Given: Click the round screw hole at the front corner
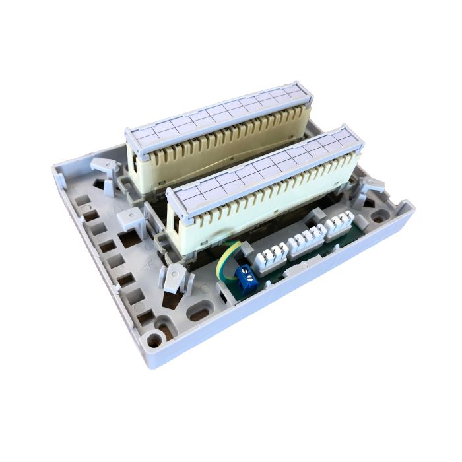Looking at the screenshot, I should (x=154, y=340).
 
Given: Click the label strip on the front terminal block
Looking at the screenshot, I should (x=264, y=165).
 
